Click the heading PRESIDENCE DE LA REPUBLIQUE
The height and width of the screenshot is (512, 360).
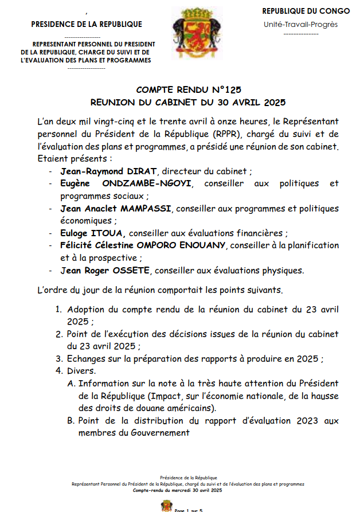pos(87,25)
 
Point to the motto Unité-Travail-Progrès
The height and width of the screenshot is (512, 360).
pos(301,25)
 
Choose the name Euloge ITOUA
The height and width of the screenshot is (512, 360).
pos(93,233)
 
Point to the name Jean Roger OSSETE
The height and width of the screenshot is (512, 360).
pos(103,271)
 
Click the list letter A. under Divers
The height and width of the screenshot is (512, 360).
pos(71,383)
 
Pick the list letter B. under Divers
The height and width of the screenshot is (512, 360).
pos(71,421)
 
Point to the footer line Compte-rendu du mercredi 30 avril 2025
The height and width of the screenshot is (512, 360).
pos(177,491)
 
